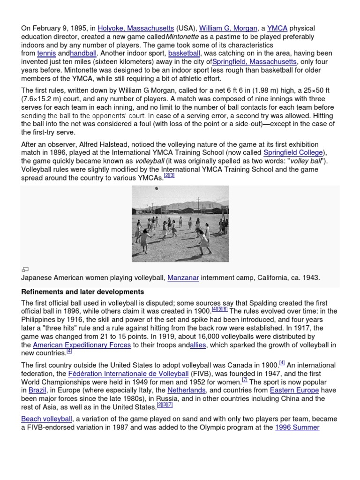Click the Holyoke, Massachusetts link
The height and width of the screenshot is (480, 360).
(x=136, y=28)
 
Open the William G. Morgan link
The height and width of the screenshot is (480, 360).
(x=226, y=28)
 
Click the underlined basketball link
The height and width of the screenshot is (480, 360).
(x=184, y=53)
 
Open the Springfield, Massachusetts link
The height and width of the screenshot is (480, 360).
(x=254, y=62)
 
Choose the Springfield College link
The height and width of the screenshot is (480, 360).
(x=293, y=153)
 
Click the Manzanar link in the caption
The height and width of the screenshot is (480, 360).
(x=183, y=277)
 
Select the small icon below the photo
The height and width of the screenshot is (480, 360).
(x=25, y=269)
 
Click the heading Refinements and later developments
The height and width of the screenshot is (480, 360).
(x=82, y=292)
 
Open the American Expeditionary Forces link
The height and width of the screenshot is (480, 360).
(x=82, y=345)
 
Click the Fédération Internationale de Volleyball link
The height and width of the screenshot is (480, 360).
(x=128, y=374)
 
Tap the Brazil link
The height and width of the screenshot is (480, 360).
(x=37, y=390)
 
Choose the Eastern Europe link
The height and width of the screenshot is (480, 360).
(x=288, y=390)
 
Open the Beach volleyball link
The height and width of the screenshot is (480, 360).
(x=46, y=419)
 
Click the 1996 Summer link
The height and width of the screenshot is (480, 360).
(x=297, y=427)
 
